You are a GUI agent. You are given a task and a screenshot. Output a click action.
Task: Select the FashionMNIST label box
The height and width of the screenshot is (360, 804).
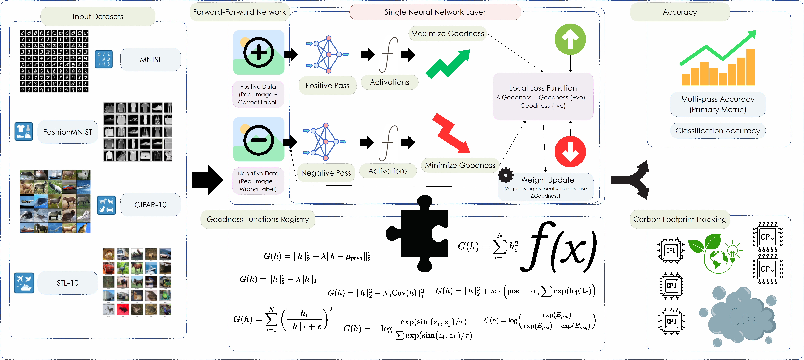pos(67,132)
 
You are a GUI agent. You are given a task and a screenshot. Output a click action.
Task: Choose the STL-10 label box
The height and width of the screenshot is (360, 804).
pos(67,283)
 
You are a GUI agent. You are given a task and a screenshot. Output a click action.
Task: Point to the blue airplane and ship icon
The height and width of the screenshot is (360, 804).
pos(24,283)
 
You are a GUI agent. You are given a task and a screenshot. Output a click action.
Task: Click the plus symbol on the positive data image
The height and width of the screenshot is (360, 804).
pos(258,52)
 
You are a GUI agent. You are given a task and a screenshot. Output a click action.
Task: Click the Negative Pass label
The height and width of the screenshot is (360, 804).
pos(326,173)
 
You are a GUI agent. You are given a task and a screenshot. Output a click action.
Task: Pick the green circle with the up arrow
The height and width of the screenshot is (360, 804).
pos(570,39)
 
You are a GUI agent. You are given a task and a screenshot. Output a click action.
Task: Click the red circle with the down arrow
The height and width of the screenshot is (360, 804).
pos(570,152)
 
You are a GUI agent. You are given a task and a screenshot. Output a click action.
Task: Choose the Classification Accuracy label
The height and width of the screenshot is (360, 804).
pos(718,131)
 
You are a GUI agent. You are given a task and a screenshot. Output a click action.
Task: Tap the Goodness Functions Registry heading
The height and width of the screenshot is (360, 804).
pos(258,219)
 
